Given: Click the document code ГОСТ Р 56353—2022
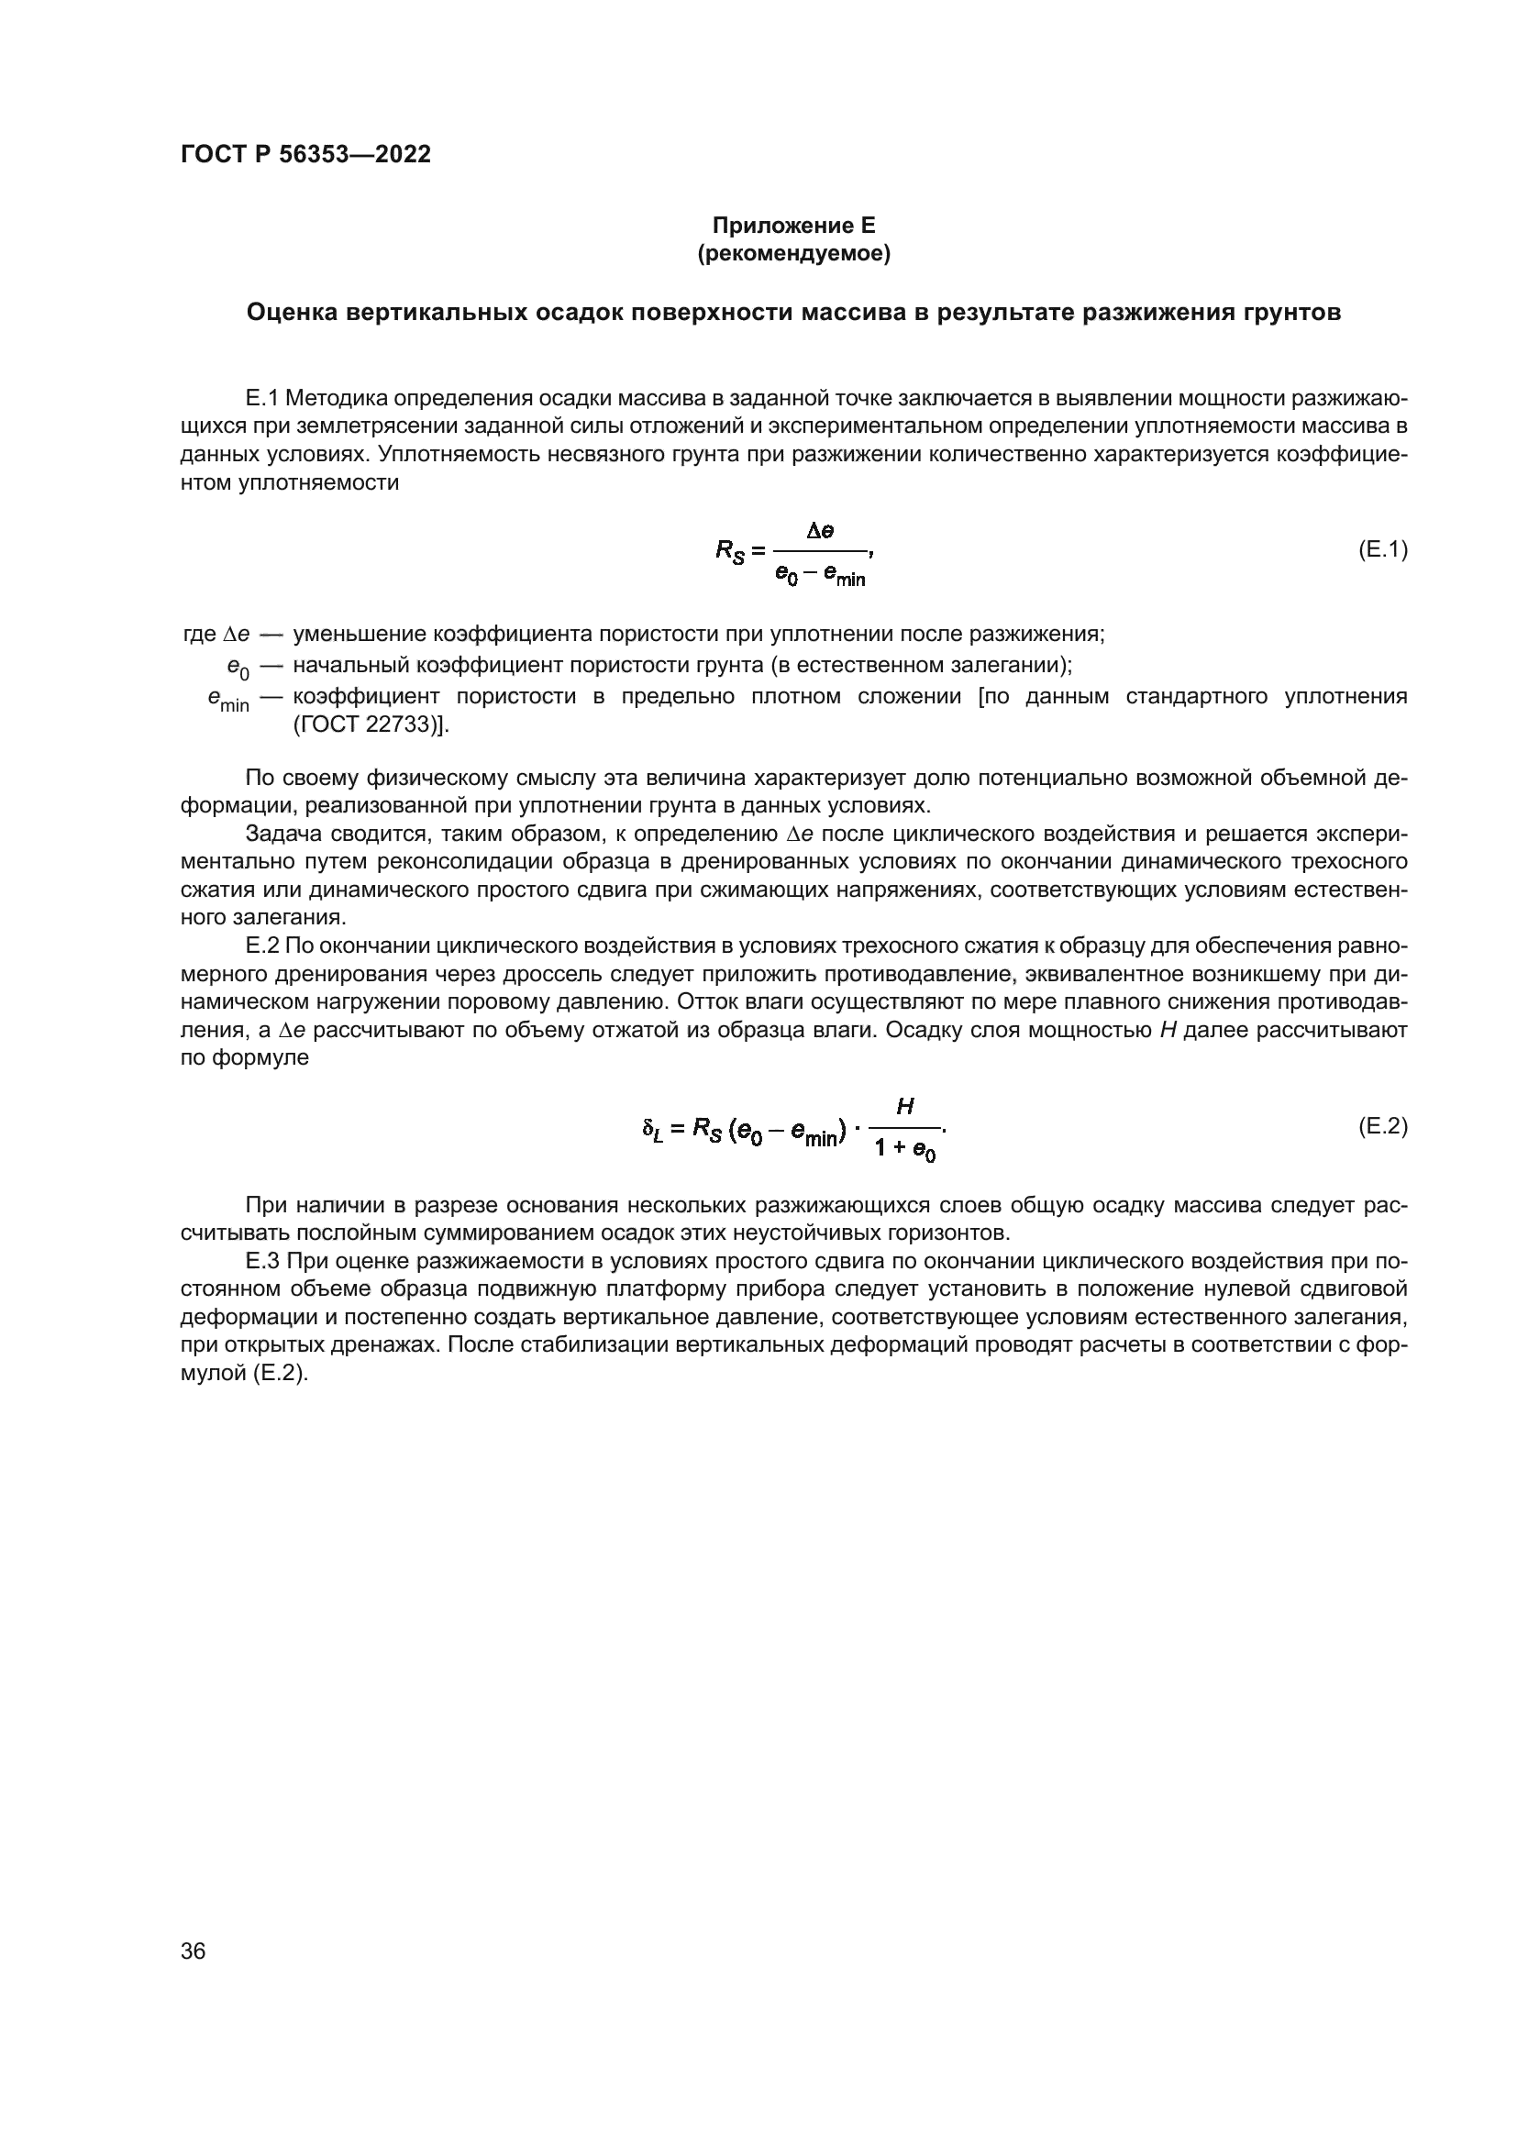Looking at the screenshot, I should (x=305, y=155).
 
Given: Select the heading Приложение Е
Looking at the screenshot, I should (x=793, y=226).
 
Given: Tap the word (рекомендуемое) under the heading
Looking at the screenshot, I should (x=793, y=253).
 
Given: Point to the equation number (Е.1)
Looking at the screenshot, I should (x=1381, y=549).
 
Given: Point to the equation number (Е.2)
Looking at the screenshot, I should (x=1381, y=1126).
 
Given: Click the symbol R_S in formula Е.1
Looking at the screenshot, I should (x=728, y=551).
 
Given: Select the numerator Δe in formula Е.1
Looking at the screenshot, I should (x=820, y=531).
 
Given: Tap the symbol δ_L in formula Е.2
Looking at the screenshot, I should (x=653, y=1130).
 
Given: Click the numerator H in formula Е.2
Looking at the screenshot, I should (x=904, y=1107).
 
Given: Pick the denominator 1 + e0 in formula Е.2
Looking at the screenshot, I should (x=904, y=1150).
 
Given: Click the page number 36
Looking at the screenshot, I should (x=193, y=1951).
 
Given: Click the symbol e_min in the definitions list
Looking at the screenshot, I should (x=228, y=699).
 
